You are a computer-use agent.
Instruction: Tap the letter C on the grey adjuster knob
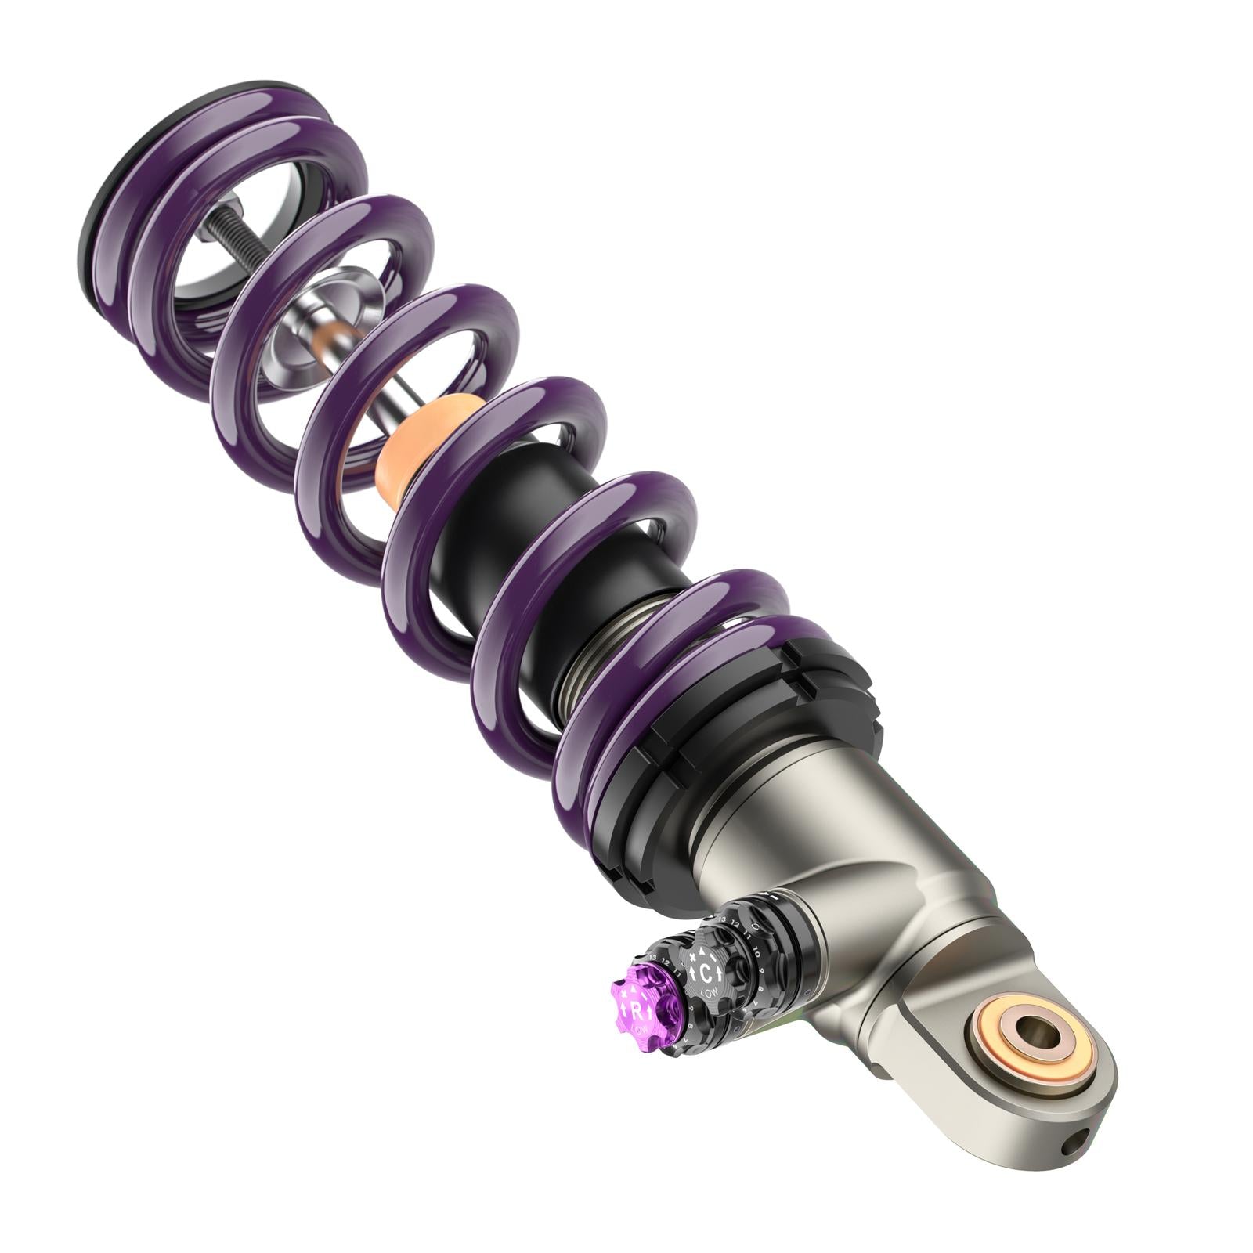(x=706, y=973)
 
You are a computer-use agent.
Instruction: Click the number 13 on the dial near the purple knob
(x=652, y=958)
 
